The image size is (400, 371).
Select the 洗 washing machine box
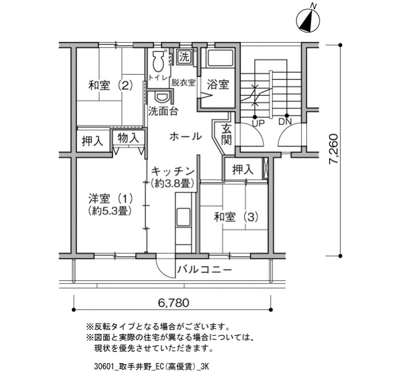[184, 57]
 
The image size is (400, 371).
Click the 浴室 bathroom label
[218, 84]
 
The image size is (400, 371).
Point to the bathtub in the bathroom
[220, 58]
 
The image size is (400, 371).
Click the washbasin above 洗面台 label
[162, 97]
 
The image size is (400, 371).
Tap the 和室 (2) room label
[110, 86]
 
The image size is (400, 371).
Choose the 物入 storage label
[129, 138]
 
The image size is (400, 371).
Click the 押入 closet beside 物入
[93, 141]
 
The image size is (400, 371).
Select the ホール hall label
[186, 136]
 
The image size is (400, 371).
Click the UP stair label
[258, 123]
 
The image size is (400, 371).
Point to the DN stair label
[285, 122]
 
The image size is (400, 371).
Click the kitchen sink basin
[183, 217]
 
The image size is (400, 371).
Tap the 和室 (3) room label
[236, 217]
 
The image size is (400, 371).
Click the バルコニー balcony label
[205, 269]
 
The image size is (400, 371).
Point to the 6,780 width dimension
[174, 303]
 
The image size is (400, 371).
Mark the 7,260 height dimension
[334, 150]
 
